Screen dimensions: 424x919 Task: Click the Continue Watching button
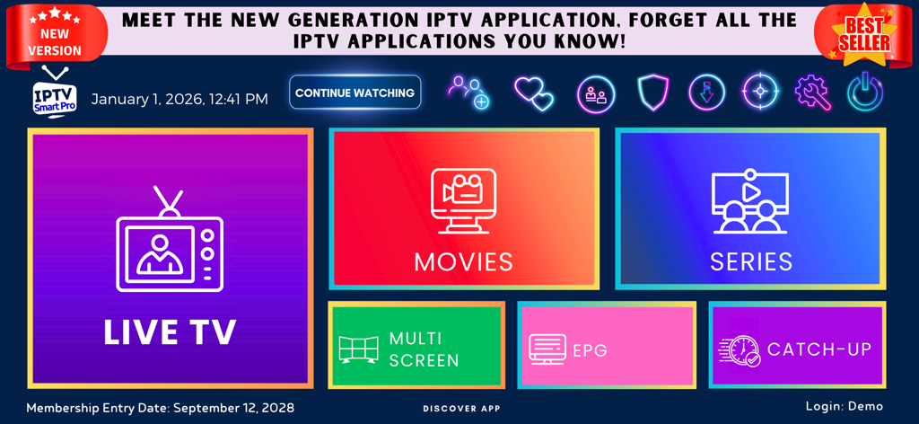pyautogui.click(x=354, y=93)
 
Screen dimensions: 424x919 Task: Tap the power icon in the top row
pyautogui.click(x=865, y=93)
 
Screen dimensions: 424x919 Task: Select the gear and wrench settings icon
pyautogui.click(x=813, y=93)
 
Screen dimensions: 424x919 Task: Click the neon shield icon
pyautogui.click(x=652, y=93)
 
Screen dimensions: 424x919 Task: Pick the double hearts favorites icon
pyautogui.click(x=534, y=93)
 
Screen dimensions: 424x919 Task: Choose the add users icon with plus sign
pyautogui.click(x=469, y=93)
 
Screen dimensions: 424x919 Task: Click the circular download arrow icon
pyautogui.click(x=706, y=93)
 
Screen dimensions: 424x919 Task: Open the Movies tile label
pyautogui.click(x=463, y=261)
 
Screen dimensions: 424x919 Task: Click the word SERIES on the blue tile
pyautogui.click(x=751, y=261)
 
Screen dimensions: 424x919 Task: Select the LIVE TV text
pyautogui.click(x=170, y=332)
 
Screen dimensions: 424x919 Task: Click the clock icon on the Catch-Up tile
pyautogui.click(x=740, y=349)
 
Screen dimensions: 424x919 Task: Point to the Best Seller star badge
pyautogui.click(x=865, y=34)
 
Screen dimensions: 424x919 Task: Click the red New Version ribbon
pyautogui.click(x=55, y=39)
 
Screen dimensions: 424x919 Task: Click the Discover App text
pyautogui.click(x=461, y=409)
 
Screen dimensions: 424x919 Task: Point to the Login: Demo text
pyautogui.click(x=845, y=407)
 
